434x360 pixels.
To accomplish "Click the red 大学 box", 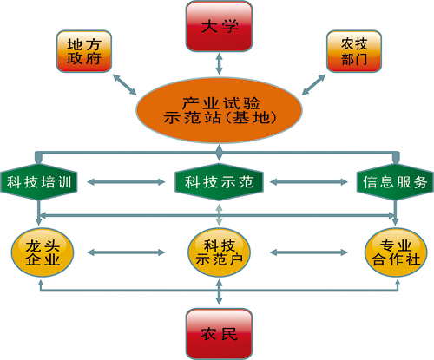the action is click(x=219, y=26).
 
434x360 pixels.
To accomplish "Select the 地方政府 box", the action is click(x=84, y=51).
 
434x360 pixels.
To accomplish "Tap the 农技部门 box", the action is click(x=354, y=51).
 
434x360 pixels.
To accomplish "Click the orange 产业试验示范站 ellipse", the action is click(x=219, y=110).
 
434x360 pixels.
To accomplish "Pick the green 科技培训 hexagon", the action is click(x=39, y=182).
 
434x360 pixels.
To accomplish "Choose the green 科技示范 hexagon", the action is click(x=219, y=182).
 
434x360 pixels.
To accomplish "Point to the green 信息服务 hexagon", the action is click(x=395, y=182).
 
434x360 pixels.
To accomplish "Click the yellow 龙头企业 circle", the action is click(x=43, y=252).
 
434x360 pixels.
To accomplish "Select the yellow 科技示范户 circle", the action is click(x=219, y=252).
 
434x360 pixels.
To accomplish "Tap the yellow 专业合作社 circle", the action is click(x=396, y=252).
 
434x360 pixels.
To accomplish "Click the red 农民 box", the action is click(x=219, y=334).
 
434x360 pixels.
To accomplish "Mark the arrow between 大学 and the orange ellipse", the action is click(x=219, y=63).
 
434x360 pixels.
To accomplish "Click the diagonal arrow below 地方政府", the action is click(x=124, y=84).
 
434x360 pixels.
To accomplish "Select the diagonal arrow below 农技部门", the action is click(x=313, y=84).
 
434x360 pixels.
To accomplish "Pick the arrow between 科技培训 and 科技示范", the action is click(x=126, y=182).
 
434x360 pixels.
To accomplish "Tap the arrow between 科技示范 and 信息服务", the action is click(x=309, y=182).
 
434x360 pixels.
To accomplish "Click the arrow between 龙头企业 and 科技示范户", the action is click(x=126, y=252).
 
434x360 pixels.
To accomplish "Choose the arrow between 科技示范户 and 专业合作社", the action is click(x=309, y=252).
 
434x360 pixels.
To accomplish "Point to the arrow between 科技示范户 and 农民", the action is click(x=219, y=291).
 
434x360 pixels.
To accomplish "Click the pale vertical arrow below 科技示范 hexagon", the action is click(x=219, y=214).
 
